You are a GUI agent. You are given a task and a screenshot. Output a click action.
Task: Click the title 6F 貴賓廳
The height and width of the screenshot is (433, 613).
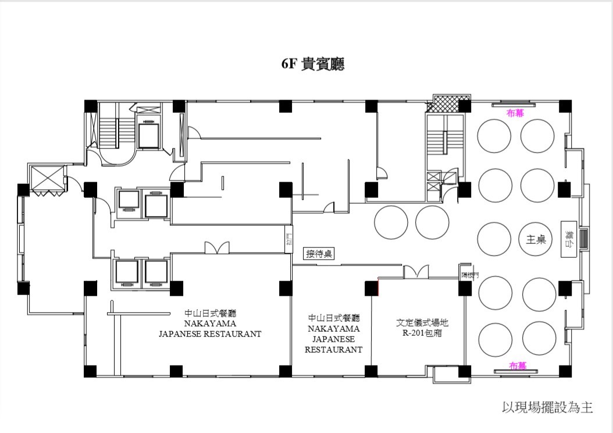[x=312, y=64]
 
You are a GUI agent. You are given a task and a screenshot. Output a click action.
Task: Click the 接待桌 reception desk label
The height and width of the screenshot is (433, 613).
[x=319, y=254]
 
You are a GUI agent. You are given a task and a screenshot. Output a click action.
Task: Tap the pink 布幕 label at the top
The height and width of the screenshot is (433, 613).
[x=515, y=113]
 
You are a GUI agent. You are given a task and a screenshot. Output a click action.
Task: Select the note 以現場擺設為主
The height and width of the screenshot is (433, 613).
[x=547, y=407]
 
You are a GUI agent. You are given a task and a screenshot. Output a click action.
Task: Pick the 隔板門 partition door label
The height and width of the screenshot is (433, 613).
[x=470, y=275]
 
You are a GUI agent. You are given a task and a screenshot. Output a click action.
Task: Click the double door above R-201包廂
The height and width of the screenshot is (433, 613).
[x=416, y=272]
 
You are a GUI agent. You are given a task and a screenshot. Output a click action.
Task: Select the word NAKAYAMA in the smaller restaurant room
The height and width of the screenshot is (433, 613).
[x=334, y=329]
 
